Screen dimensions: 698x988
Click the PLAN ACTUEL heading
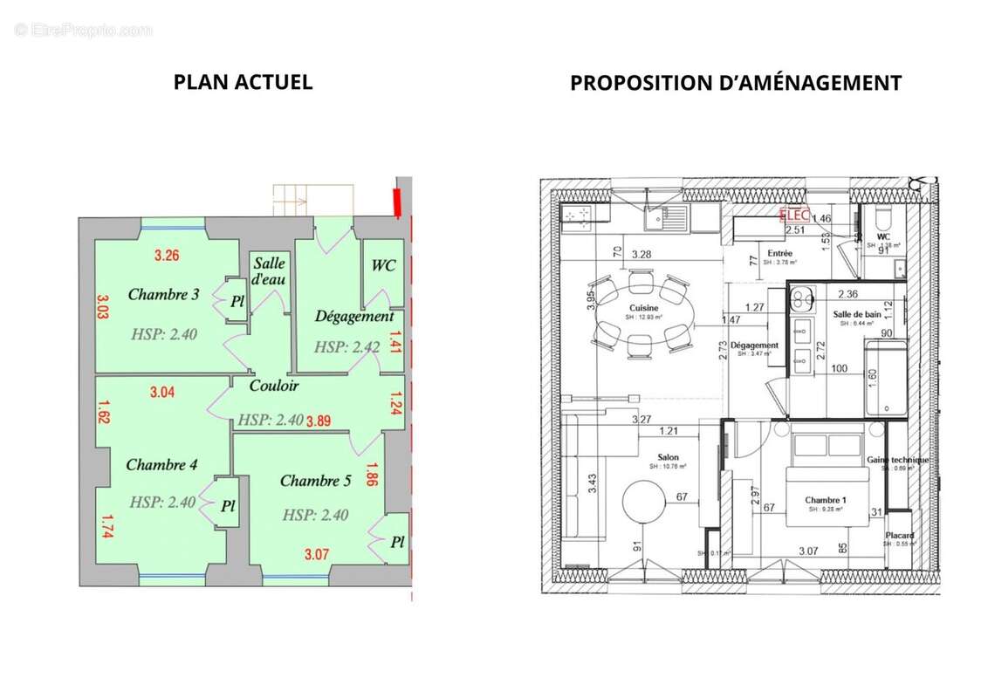(243, 82)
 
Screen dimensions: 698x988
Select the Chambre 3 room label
(163, 295)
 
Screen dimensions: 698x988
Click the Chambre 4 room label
(161, 464)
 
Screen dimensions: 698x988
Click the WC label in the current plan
(383, 265)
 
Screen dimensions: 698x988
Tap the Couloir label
(273, 385)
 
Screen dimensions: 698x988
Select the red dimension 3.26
(167, 257)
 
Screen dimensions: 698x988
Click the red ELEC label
(794, 215)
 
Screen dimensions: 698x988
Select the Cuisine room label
(643, 309)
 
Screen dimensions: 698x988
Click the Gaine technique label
(897, 460)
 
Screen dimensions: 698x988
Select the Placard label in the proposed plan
(898, 535)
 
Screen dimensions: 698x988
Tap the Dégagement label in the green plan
(354, 317)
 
